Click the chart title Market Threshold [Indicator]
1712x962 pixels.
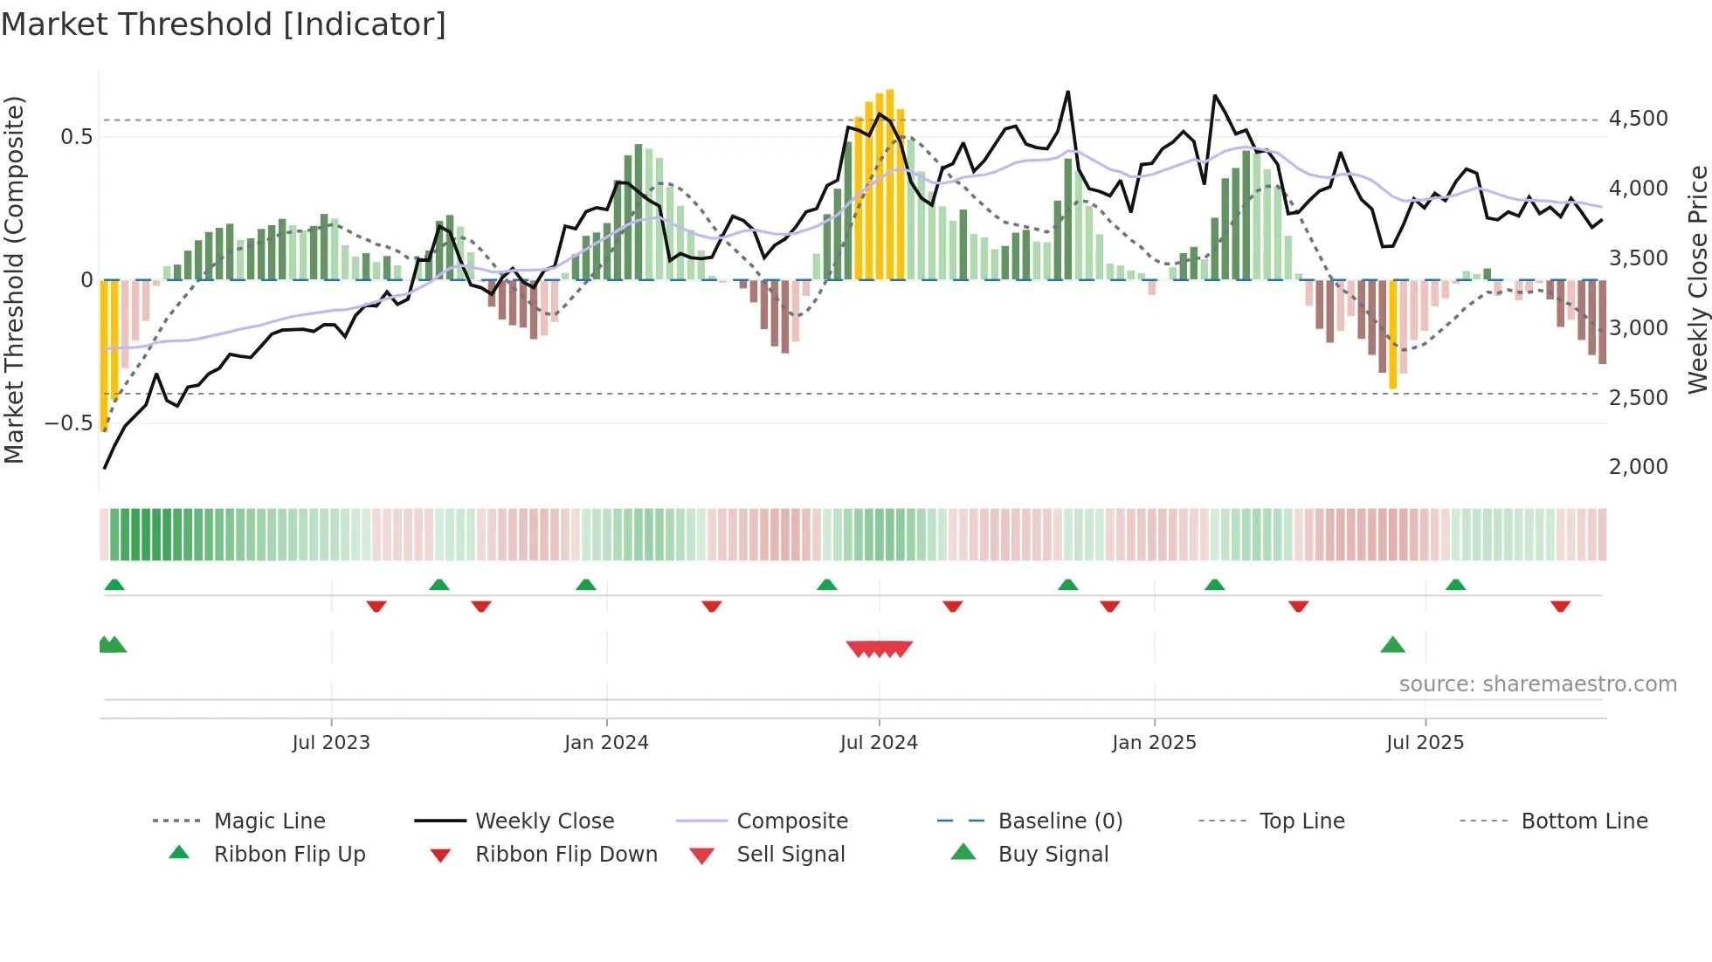(224, 24)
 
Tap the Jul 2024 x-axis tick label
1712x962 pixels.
(879, 743)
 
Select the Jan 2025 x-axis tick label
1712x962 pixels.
(1154, 743)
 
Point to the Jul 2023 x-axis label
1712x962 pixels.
(331, 743)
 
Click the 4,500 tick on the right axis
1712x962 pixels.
(1638, 119)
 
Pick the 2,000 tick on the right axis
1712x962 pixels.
(1638, 467)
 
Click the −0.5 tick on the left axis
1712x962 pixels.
(68, 423)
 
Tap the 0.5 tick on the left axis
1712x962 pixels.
(76, 137)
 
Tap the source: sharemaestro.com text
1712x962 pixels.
(1537, 684)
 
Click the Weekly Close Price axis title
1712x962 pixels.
(1697, 279)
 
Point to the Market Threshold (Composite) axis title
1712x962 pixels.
(14, 279)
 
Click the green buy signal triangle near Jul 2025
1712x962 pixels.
(1392, 645)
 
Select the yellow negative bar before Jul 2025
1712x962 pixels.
(1392, 334)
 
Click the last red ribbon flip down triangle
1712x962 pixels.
(1560, 606)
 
